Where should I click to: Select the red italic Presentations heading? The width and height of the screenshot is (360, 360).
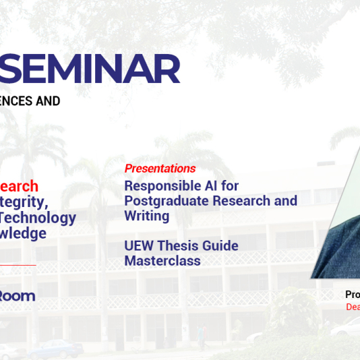(160, 169)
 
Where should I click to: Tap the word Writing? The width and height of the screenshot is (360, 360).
(146, 216)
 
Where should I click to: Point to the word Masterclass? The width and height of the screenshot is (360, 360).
(162, 261)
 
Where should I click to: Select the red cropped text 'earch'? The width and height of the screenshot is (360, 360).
(19, 186)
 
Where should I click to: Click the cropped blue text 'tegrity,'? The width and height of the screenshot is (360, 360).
(24, 202)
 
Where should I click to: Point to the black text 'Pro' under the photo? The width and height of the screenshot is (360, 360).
(352, 295)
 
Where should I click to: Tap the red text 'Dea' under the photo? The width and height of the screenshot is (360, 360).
(353, 307)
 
